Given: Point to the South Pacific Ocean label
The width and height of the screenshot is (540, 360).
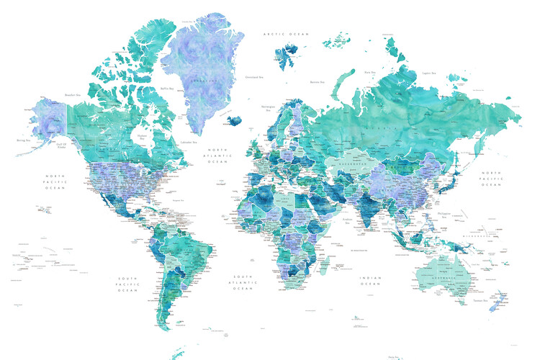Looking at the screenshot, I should (x=128, y=284).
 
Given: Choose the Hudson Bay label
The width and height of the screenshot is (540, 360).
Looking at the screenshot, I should (x=142, y=137).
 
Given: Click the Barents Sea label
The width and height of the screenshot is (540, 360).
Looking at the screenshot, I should (x=318, y=82).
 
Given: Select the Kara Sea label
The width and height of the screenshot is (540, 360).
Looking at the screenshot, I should (x=370, y=73).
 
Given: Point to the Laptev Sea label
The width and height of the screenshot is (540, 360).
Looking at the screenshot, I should (x=430, y=73).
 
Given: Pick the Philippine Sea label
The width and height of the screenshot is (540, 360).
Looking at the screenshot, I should (x=445, y=214).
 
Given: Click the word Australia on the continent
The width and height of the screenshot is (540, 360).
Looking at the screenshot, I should (x=440, y=276).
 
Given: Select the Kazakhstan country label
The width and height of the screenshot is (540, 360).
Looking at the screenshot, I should (x=348, y=163).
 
